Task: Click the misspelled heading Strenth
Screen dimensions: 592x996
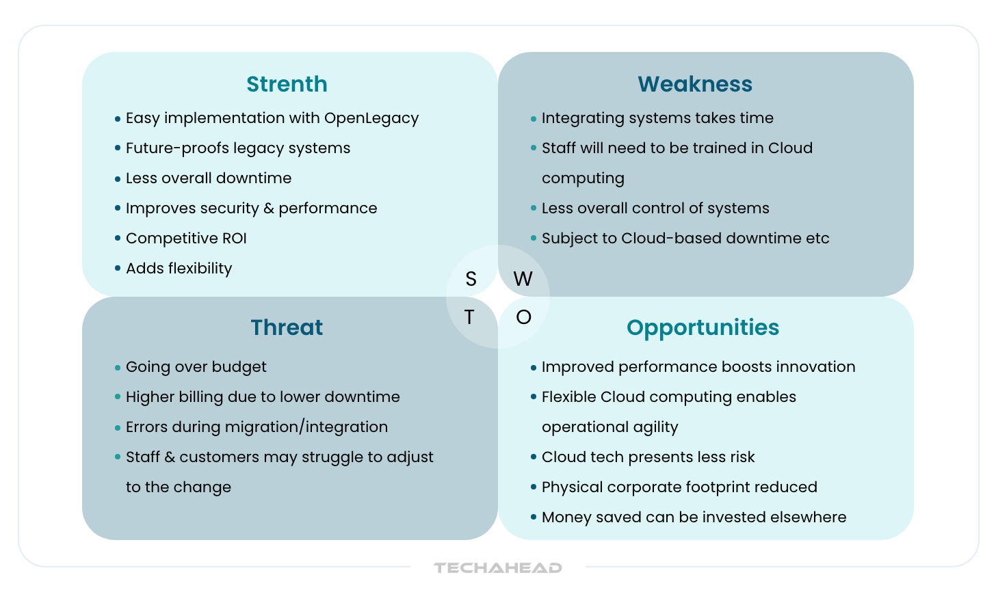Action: (287, 84)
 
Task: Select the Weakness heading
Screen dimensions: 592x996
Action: (695, 84)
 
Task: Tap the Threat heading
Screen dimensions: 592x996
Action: (287, 327)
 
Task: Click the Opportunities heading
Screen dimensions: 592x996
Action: (703, 327)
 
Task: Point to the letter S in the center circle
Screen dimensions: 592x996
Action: (471, 279)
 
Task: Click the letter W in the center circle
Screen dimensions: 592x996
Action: (523, 279)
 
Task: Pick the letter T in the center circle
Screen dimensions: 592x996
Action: (469, 317)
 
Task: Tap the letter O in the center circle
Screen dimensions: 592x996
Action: (523, 317)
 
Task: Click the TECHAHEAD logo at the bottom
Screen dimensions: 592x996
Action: (498, 568)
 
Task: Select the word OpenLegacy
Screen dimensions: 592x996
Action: (371, 118)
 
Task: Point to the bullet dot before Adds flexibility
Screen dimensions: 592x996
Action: (118, 269)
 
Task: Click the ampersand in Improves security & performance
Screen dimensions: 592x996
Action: (269, 208)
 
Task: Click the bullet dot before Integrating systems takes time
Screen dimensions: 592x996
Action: (534, 119)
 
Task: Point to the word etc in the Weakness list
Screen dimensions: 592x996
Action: (817, 239)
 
